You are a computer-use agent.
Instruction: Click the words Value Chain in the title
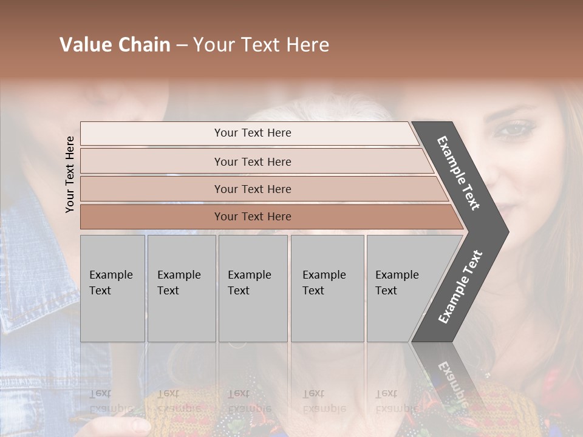coord(115,45)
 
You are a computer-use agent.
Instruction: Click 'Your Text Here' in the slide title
coord(261,45)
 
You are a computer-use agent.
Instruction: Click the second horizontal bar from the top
coord(252,161)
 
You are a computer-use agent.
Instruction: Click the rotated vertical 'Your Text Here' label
coord(70,174)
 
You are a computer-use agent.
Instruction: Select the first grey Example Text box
coord(112,288)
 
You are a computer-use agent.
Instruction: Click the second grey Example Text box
coord(181,288)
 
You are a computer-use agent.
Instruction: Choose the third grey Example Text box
coord(253,288)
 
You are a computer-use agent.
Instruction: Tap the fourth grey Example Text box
coord(327,288)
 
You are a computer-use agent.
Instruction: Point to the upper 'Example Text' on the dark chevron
coord(459,173)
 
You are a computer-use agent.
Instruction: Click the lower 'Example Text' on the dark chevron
coord(460,286)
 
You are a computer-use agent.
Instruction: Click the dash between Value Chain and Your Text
coord(182,46)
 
